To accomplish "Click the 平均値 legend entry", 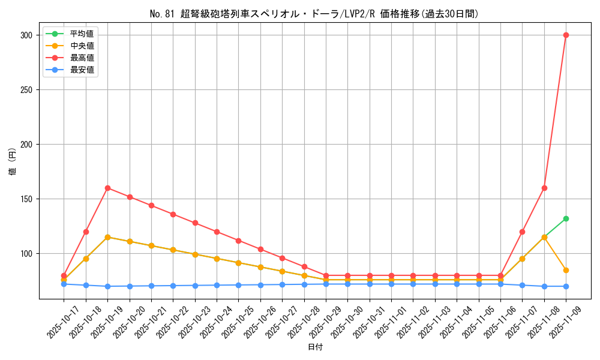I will (82, 34).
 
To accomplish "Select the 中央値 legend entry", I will (82, 46).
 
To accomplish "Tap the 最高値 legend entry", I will (82, 58).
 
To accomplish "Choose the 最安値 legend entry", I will (82, 70).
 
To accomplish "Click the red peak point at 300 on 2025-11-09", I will (566, 35).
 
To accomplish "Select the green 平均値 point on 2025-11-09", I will (566, 218).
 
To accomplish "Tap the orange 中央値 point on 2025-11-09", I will (566, 270).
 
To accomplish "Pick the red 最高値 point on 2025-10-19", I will (107, 188).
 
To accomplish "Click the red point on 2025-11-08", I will (544, 188).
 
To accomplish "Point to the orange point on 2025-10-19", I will (107, 237).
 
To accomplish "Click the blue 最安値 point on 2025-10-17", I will (64, 284).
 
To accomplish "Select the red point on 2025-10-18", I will (86, 232).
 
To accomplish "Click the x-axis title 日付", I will (315, 347).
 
